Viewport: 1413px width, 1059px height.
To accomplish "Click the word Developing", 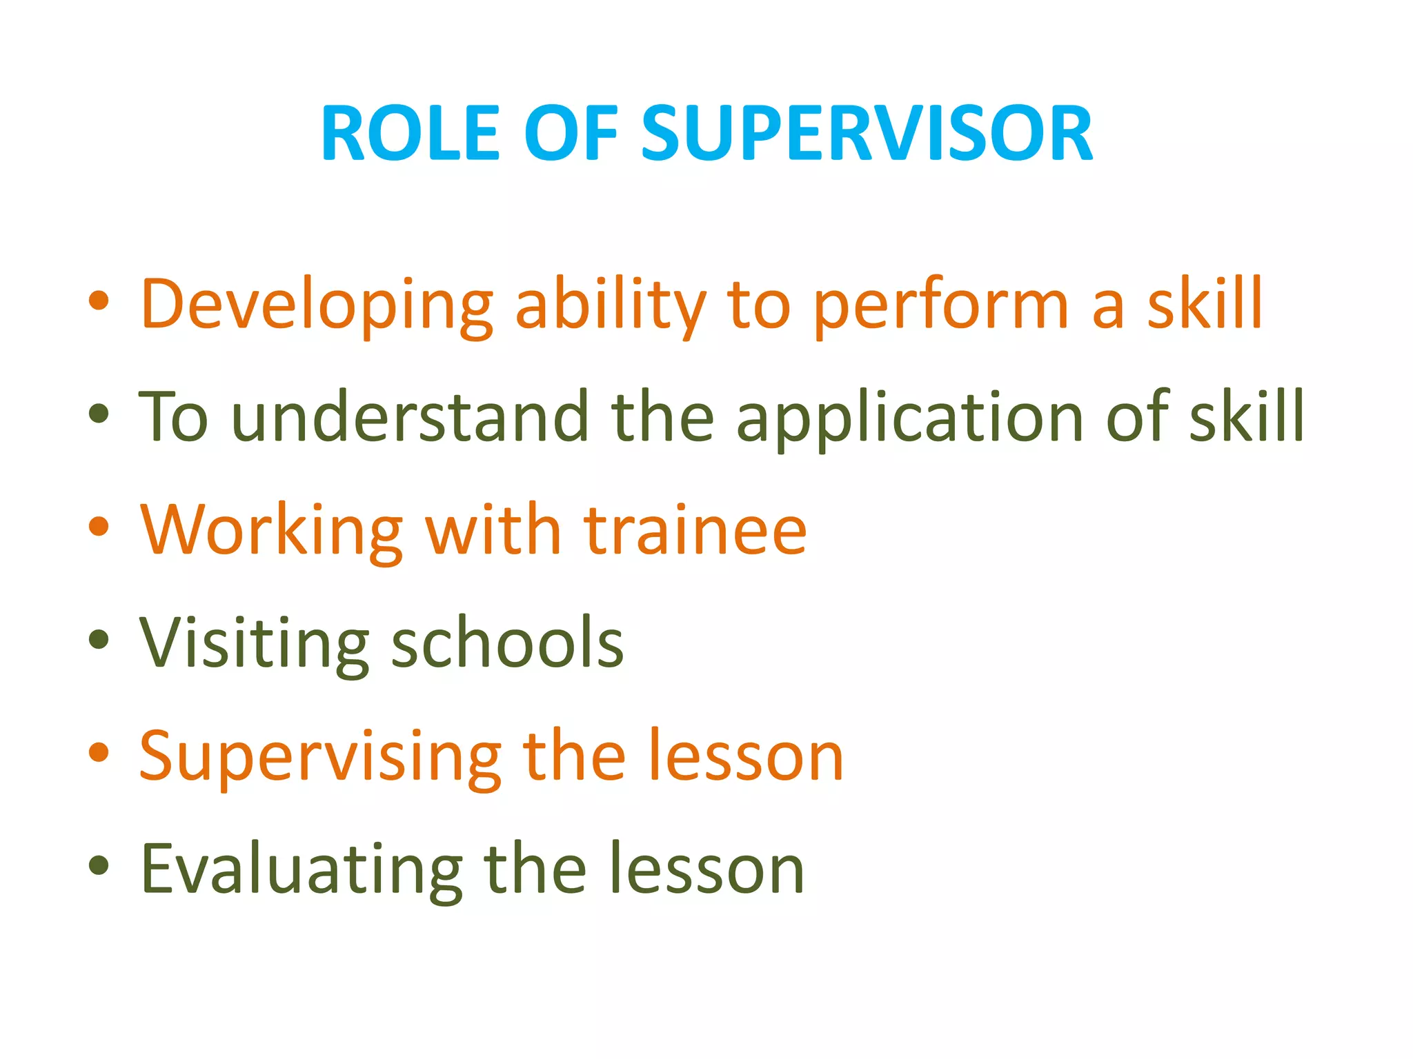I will click(317, 305).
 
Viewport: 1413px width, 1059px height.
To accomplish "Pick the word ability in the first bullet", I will click(611, 305).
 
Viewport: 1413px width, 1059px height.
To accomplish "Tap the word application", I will click(910, 418).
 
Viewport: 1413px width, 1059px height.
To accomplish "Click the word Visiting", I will click(254, 643).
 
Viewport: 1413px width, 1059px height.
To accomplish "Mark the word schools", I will click(507, 643).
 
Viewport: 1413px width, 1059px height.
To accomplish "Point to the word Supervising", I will click(320, 756).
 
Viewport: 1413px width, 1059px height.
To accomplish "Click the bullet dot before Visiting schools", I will click(99, 639).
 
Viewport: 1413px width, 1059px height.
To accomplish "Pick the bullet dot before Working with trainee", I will click(99, 526).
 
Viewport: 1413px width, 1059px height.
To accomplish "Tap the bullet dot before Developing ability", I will click(99, 301).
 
